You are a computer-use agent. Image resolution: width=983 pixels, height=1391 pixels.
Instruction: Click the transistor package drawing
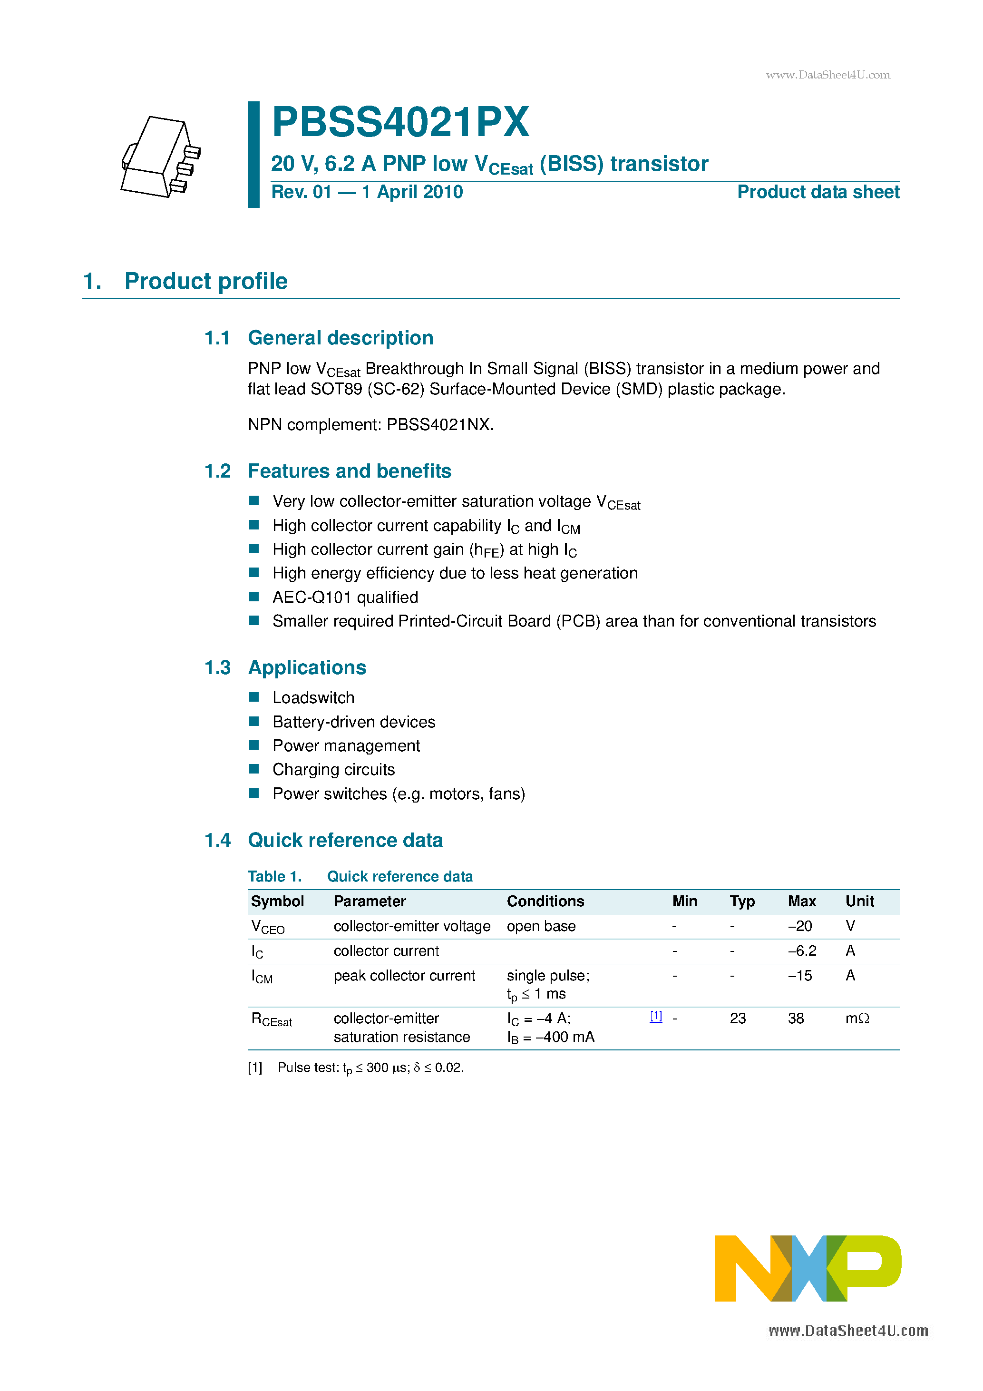[x=160, y=157]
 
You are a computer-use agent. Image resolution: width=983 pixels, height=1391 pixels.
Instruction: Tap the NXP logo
[x=808, y=1268]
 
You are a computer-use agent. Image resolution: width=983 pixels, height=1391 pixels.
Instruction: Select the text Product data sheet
[x=818, y=192]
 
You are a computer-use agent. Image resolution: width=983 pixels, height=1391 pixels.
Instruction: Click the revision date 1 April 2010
[x=412, y=192]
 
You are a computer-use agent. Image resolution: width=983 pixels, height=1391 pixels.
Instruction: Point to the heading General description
[x=341, y=338]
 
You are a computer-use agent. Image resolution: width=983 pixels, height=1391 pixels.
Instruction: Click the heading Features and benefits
[x=350, y=471]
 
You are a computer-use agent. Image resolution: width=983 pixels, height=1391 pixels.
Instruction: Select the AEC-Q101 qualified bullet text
[x=345, y=598]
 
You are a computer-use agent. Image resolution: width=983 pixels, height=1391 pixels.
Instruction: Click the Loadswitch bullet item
[x=313, y=698]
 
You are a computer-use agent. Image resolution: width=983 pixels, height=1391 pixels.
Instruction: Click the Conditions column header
[x=545, y=901]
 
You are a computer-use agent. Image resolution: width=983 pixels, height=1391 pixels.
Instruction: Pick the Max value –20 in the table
[x=799, y=926]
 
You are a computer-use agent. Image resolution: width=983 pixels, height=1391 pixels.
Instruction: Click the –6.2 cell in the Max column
[x=802, y=951]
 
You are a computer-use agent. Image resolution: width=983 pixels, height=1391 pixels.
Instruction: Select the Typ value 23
[x=738, y=1019]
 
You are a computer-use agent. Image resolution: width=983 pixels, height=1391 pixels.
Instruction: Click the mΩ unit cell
[x=857, y=1019]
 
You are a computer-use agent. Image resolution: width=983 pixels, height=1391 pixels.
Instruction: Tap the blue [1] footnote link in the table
[x=656, y=1017]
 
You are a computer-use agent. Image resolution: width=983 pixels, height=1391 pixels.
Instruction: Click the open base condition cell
[x=541, y=926]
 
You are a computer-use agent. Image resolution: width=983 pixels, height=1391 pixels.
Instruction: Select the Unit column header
[x=859, y=901]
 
